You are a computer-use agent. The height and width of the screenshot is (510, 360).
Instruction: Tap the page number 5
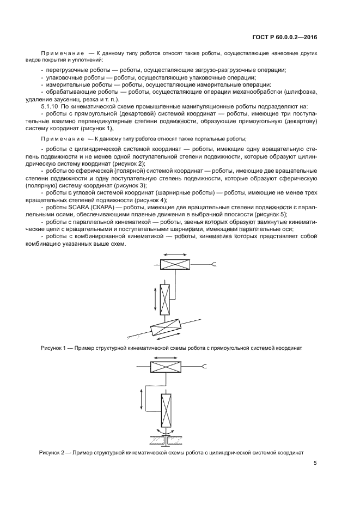coord(315,464)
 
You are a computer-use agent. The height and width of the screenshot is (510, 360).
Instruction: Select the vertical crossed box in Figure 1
coord(166,299)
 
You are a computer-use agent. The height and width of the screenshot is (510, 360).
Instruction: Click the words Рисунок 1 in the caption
coord(53,348)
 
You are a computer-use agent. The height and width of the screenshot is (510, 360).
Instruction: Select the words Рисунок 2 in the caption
coord(51,453)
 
